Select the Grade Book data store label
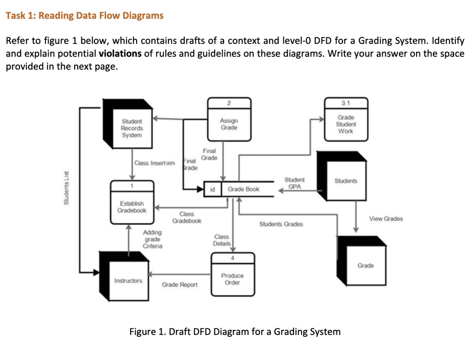pyautogui.click(x=243, y=189)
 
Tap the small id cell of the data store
pyautogui.click(x=212, y=189)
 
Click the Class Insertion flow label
pyautogui.click(x=155, y=163)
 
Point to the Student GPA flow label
pyautogui.click(x=294, y=183)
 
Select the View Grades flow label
pyautogui.click(x=386, y=219)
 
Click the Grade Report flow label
pyautogui.click(x=179, y=284)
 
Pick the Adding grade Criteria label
pyautogui.click(x=152, y=239)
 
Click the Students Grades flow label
pyautogui.click(x=281, y=224)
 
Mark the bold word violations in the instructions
pyautogui.click(x=120, y=53)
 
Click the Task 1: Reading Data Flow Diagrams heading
pyautogui.click(x=84, y=16)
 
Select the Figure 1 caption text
pyautogui.click(x=235, y=332)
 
